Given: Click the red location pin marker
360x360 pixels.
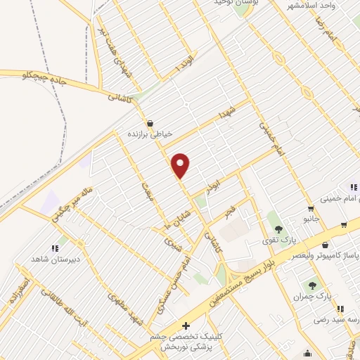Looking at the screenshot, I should click(181, 165).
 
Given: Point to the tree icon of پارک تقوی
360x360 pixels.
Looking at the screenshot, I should click(279, 228).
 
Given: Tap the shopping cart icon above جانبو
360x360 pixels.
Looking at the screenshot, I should click(310, 208).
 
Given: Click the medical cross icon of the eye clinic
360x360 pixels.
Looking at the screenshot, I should click(186, 326).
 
